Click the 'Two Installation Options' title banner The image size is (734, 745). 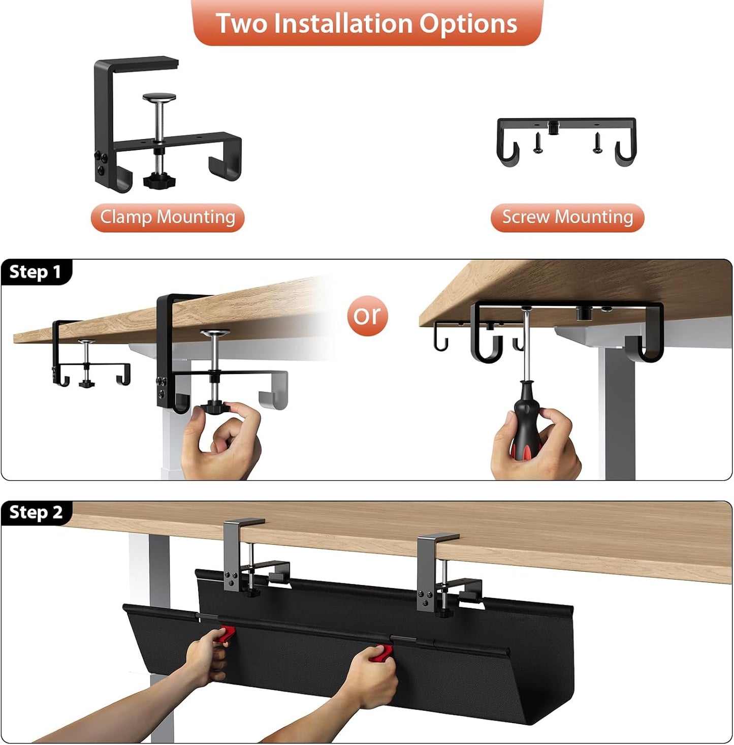[x=367, y=23]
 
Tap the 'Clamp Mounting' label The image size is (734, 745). [x=167, y=218]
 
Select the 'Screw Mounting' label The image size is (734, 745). [x=567, y=218]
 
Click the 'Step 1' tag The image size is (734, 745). [x=36, y=272]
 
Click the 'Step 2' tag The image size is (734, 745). [x=36, y=512]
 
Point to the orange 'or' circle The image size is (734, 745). [x=367, y=316]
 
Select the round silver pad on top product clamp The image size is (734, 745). [x=159, y=97]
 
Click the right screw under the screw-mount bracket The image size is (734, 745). [x=598, y=142]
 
